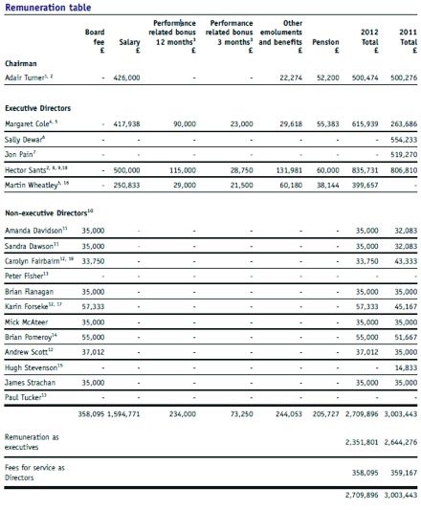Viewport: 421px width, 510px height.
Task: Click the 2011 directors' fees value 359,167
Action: click(x=402, y=473)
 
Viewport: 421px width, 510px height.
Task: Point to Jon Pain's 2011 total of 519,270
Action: click(x=402, y=179)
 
